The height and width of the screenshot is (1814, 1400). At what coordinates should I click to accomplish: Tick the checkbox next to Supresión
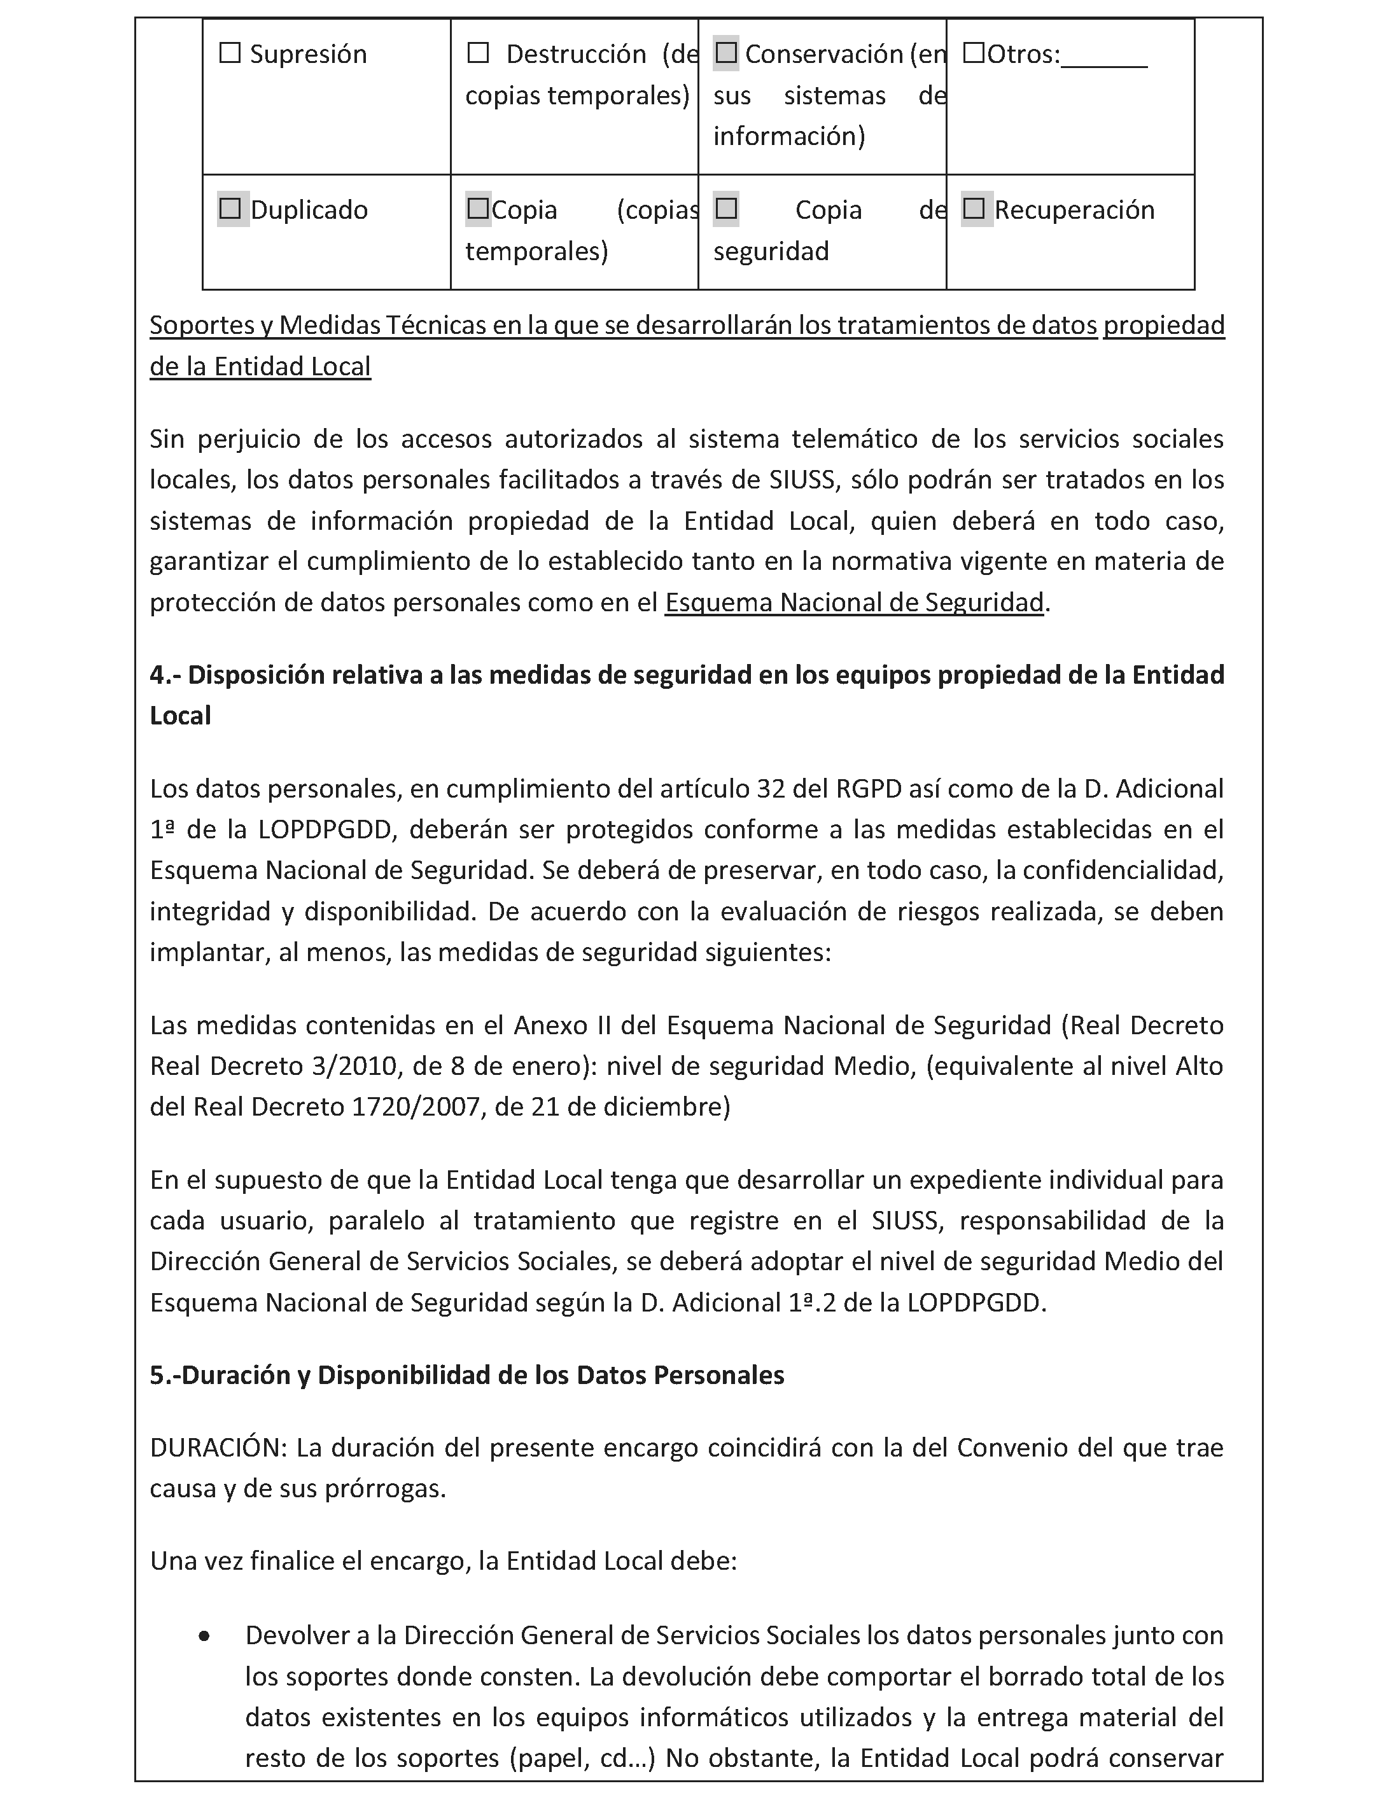(x=229, y=54)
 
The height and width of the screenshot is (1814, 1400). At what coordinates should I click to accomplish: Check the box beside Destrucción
(x=478, y=54)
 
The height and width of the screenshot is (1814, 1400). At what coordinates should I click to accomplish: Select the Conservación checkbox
(x=726, y=54)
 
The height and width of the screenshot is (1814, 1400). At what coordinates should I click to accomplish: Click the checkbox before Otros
(x=974, y=54)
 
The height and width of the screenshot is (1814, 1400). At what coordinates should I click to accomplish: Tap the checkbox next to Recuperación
(x=974, y=209)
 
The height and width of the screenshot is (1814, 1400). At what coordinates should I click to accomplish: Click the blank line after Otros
(x=1104, y=58)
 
